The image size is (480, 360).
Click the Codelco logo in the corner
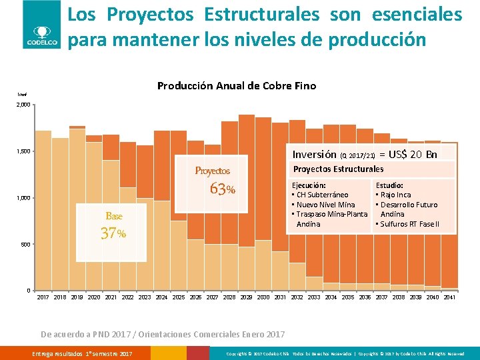(x=43, y=25)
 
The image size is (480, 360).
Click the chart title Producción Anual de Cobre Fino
(x=236, y=85)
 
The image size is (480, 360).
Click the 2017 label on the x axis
(x=43, y=297)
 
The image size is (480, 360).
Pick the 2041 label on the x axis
(x=449, y=297)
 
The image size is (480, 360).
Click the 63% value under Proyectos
(x=221, y=189)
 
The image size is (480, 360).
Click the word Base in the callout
(x=114, y=216)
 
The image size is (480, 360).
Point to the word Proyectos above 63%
(x=212, y=171)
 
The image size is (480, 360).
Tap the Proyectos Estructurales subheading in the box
(x=338, y=169)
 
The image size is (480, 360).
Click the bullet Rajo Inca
(x=395, y=195)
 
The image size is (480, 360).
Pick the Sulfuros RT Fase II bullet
(x=409, y=224)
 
